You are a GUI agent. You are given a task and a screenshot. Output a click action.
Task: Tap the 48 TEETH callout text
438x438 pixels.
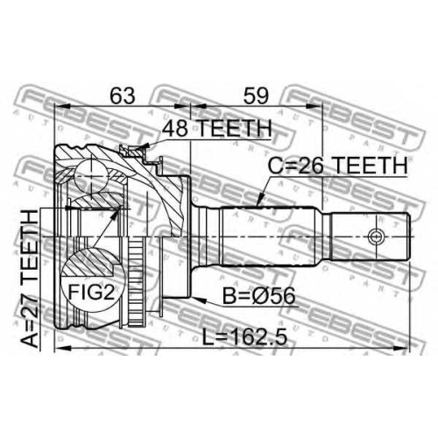(x=217, y=128)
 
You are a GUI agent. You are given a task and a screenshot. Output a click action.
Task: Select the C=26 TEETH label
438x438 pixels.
(x=337, y=166)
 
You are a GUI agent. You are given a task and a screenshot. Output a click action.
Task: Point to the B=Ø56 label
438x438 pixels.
(x=258, y=296)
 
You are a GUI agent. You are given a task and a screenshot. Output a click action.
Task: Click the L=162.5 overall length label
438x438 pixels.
(x=244, y=337)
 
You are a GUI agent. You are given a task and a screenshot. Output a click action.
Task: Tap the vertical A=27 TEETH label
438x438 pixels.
(x=30, y=279)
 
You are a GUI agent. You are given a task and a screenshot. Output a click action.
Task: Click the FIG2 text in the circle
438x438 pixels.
(x=91, y=293)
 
